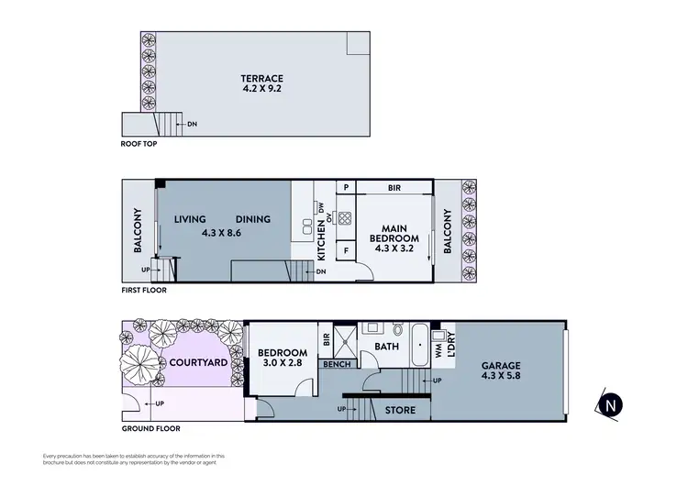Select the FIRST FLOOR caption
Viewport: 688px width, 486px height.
point(144,290)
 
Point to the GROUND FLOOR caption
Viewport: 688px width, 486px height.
point(150,428)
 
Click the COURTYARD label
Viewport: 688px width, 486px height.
point(198,363)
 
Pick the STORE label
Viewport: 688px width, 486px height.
point(400,409)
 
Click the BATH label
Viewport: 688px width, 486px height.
point(384,347)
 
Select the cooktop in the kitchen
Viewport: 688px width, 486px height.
point(346,218)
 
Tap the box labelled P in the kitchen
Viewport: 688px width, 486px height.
point(346,187)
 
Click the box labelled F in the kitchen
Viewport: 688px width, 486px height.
point(346,250)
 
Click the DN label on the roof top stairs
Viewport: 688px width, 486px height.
point(192,124)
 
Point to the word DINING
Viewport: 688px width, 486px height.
point(252,219)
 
